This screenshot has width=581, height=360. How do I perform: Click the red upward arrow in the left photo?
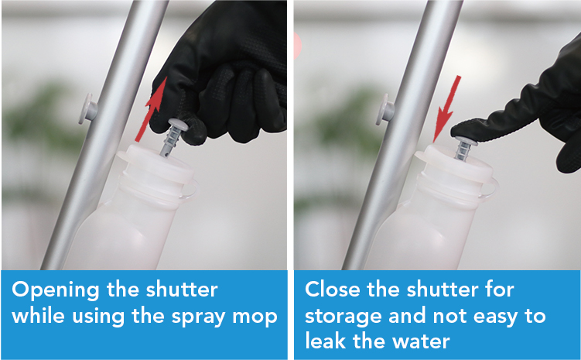(x=151, y=109)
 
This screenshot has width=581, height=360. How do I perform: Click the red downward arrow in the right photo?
(x=447, y=108)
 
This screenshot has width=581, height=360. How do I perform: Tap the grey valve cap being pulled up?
(x=178, y=124)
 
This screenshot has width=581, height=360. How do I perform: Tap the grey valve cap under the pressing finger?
(x=464, y=140)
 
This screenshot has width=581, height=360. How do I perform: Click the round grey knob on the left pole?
(x=87, y=108)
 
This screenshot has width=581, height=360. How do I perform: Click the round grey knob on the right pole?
(x=384, y=109)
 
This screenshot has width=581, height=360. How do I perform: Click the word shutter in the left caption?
(x=182, y=290)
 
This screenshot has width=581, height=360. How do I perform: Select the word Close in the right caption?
(x=333, y=290)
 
